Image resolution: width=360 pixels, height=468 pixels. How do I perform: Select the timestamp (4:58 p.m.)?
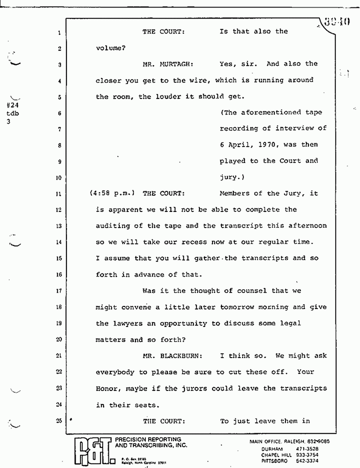pyautogui.click(x=112, y=193)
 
